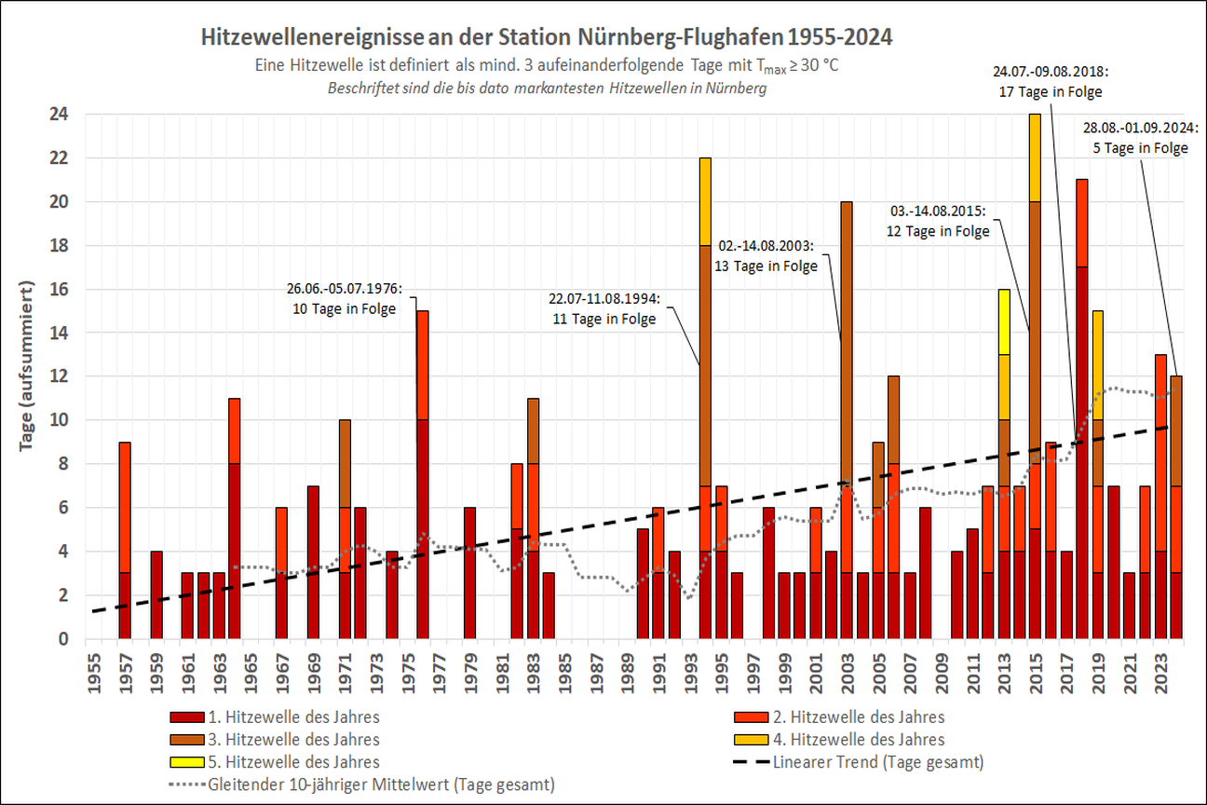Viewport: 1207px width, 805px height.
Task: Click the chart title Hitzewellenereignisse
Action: [x=547, y=38]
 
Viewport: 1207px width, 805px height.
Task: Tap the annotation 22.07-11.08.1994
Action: [x=603, y=308]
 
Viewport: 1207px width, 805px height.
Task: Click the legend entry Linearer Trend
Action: [x=877, y=761]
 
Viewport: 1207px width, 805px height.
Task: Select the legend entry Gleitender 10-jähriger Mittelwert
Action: [x=382, y=784]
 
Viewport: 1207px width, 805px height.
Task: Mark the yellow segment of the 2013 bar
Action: [x=1003, y=321]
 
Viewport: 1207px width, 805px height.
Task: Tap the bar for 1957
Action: [x=124, y=540]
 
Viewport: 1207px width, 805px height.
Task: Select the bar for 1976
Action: [x=422, y=475]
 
